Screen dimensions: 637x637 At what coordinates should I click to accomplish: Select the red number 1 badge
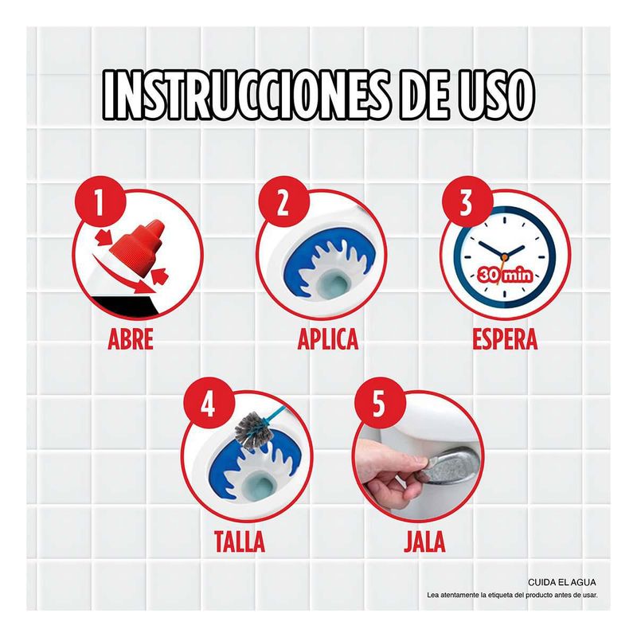click(x=99, y=202)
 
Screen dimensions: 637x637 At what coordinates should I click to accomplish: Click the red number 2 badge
click(x=283, y=202)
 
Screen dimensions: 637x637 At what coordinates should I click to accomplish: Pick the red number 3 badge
click(x=467, y=202)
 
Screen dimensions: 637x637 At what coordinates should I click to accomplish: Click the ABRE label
click(x=131, y=339)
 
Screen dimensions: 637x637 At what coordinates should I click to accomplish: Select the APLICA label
click(x=328, y=339)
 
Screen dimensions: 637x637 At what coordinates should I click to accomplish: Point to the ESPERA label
click(x=505, y=339)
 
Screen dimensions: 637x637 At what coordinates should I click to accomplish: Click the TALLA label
click(x=240, y=541)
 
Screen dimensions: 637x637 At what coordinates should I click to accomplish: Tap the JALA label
click(x=424, y=541)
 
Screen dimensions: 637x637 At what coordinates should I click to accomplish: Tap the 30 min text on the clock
click(x=505, y=275)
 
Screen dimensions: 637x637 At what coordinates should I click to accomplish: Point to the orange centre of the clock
click(x=504, y=256)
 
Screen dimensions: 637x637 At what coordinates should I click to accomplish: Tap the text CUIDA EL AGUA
click(x=562, y=582)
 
